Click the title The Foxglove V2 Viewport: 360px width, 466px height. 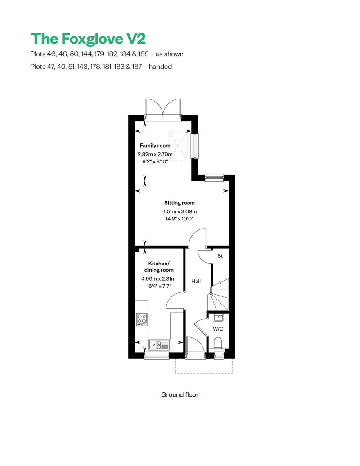88,38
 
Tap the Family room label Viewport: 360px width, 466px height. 155,146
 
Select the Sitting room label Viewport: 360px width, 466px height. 179,203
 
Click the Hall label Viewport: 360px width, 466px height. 196,282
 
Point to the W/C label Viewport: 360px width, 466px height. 218,329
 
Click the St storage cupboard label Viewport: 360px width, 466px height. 220,256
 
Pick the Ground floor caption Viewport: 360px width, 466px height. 180,395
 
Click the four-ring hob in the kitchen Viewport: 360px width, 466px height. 142,319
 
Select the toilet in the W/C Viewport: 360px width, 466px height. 218,344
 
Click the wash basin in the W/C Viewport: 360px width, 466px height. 218,317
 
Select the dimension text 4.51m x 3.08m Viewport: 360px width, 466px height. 180,211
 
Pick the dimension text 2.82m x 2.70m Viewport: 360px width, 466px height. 155,154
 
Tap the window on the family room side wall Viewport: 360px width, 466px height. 194,146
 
